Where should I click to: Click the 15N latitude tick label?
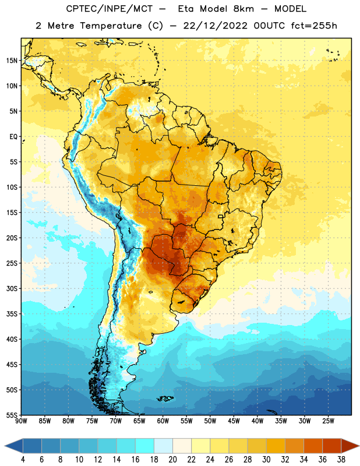[x=12, y=61]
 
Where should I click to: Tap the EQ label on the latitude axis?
[x=13, y=137]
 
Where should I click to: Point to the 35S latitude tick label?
[x=12, y=314]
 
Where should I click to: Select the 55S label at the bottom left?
[x=12, y=415]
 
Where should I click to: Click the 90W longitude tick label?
[x=21, y=421]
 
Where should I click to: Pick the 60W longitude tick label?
[x=163, y=421]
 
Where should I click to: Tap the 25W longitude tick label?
[x=328, y=421]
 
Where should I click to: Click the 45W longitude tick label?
[x=234, y=421]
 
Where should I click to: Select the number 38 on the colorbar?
[x=341, y=460]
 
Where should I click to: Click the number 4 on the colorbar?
[x=23, y=460]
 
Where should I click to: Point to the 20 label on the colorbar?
[x=172, y=460]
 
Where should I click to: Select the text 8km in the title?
[x=243, y=9]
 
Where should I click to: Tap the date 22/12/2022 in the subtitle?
[x=215, y=26]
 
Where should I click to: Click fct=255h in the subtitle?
[x=314, y=26]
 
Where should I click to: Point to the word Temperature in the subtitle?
[x=111, y=26]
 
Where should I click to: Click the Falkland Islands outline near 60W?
[x=165, y=398]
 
